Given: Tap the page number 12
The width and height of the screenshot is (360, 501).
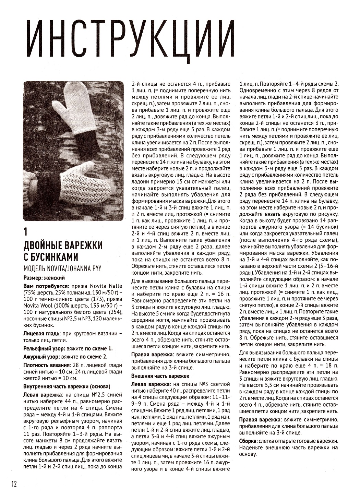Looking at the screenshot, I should (x=14, y=484).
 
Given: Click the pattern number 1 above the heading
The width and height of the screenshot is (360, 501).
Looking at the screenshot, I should (x=25, y=232).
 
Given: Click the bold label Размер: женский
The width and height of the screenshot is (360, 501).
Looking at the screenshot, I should (x=44, y=277).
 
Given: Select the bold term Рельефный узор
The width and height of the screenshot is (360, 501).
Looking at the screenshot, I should (x=45, y=348).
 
